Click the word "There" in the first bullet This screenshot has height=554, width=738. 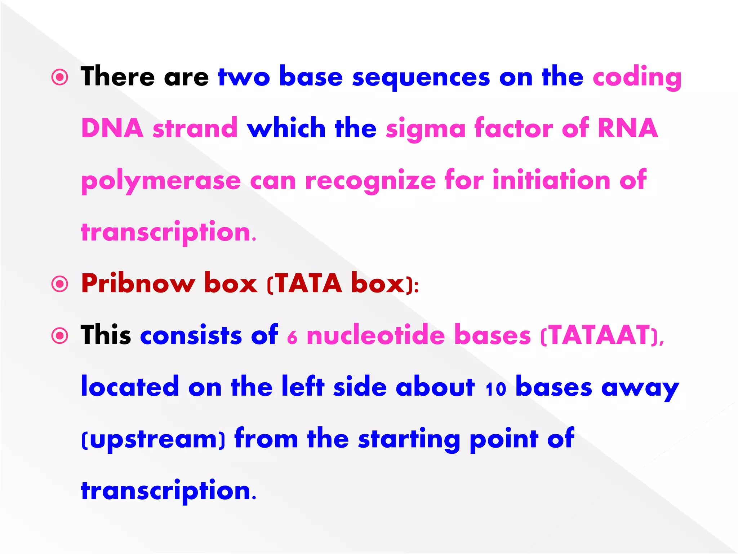point(117,76)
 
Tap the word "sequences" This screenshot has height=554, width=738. point(421,77)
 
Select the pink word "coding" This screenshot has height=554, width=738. point(637,77)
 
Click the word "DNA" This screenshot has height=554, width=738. point(112,128)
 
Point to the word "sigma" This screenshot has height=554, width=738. point(426,129)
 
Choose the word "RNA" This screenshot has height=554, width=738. point(628,128)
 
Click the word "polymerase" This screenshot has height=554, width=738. point(161,181)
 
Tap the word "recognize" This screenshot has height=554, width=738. point(370,181)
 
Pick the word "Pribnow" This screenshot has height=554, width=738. point(138,283)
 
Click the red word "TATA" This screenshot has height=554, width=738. point(309,283)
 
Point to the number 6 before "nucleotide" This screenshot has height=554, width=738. point(292,338)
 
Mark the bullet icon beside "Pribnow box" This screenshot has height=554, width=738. point(60,284)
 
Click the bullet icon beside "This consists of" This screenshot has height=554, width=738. point(60,336)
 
